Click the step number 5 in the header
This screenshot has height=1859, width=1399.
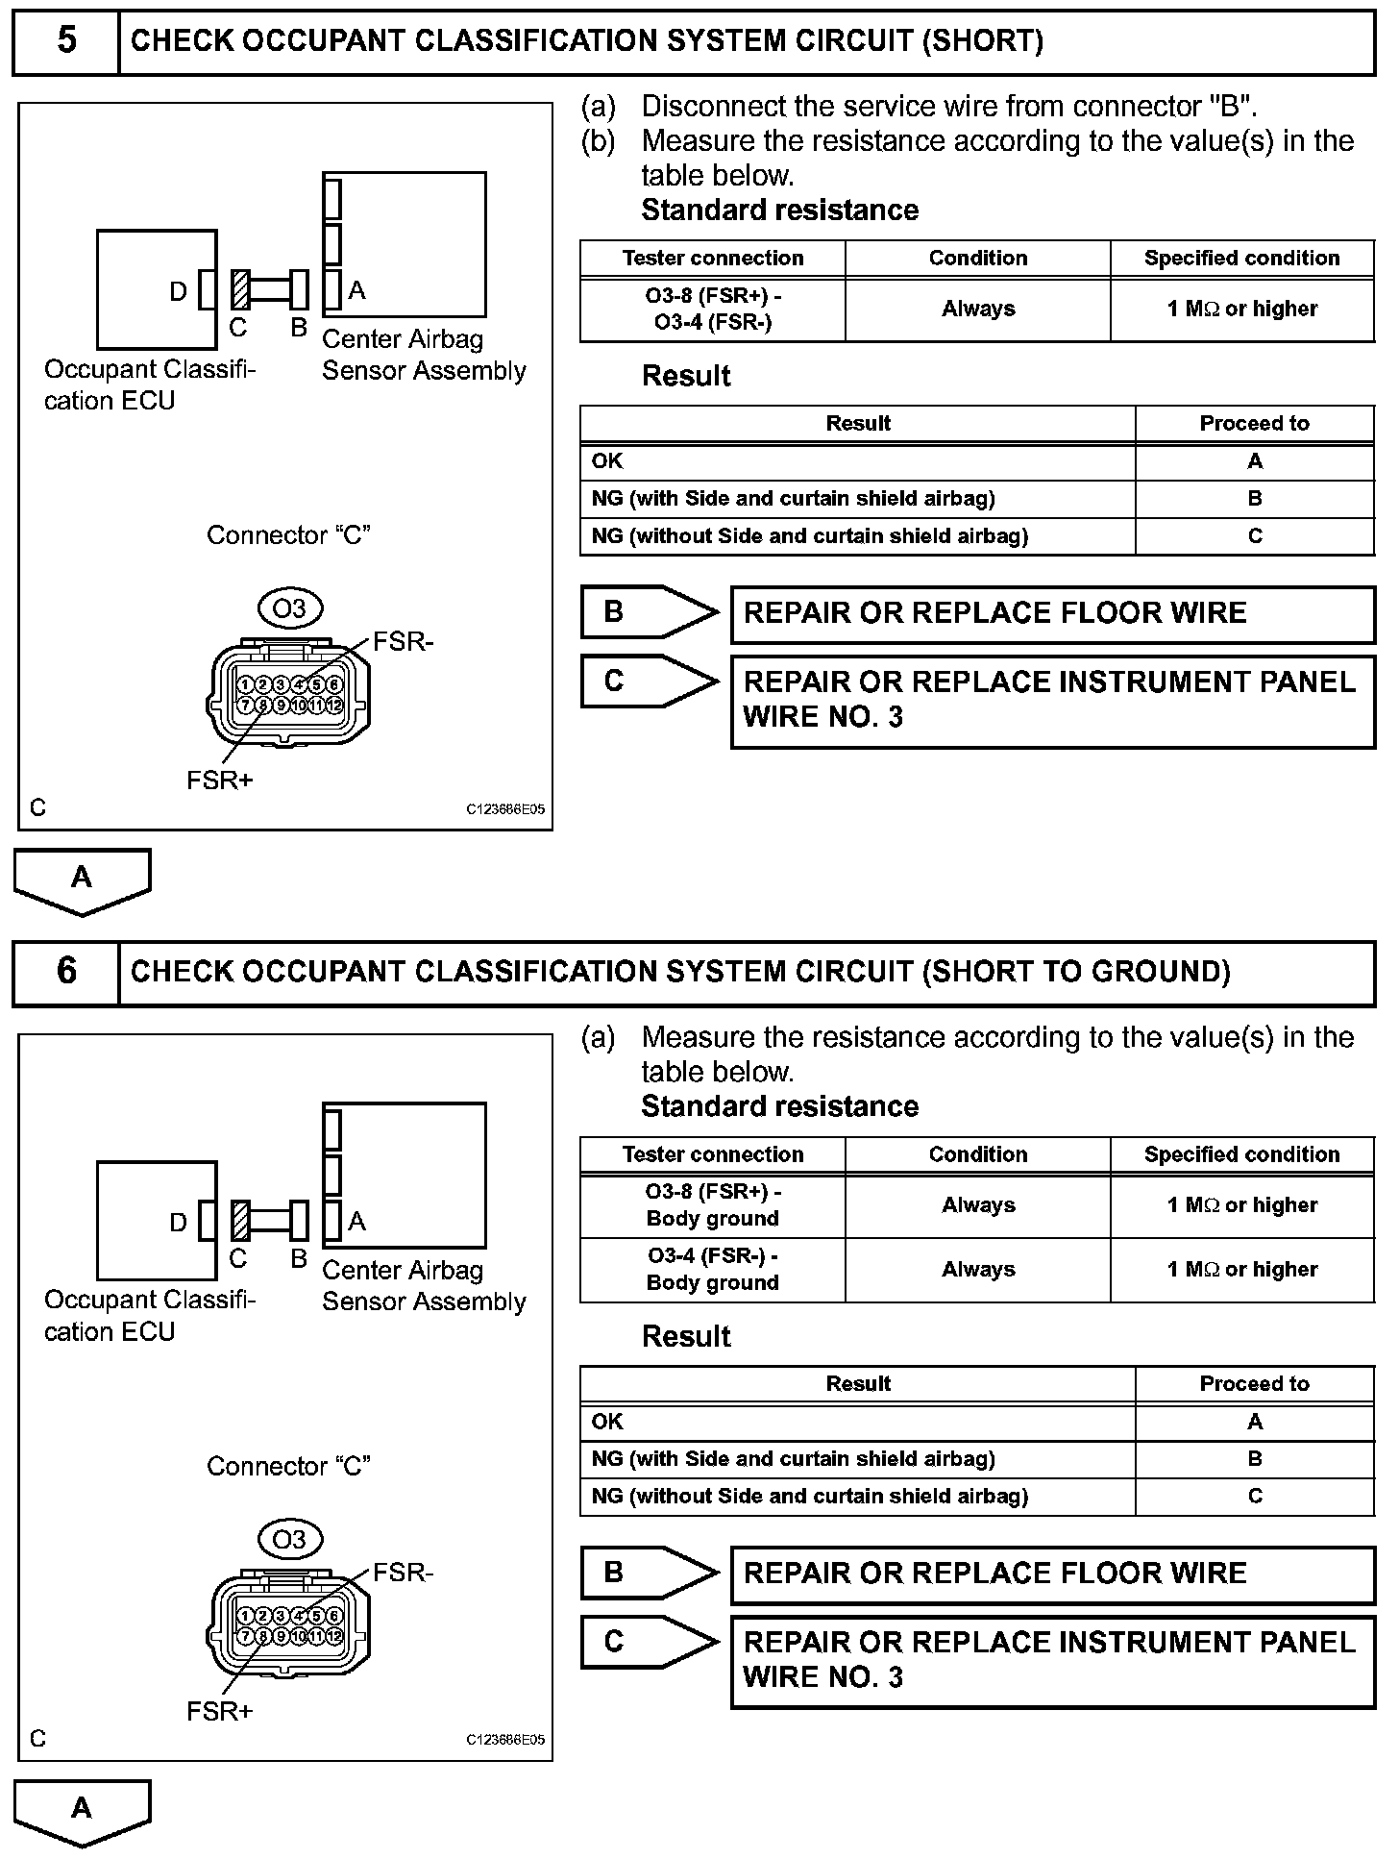(66, 40)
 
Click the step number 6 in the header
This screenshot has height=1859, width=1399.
(66, 971)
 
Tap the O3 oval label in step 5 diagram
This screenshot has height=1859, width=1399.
(289, 607)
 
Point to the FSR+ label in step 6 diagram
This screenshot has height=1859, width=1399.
(219, 1711)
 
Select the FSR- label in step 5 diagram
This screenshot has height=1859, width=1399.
(403, 641)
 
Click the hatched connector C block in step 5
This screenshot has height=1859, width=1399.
(240, 289)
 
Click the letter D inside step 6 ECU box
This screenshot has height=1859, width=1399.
(178, 1222)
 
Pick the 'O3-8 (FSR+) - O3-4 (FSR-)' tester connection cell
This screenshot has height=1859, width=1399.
(713, 310)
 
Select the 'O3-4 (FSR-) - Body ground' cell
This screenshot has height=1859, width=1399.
(713, 1269)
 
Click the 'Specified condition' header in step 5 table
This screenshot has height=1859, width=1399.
(1241, 258)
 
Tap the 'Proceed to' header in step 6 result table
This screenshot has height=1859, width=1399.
(1254, 1383)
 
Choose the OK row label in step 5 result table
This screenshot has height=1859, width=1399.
(607, 460)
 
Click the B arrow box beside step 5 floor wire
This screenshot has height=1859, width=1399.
(649, 612)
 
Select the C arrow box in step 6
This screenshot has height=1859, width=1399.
(649, 1641)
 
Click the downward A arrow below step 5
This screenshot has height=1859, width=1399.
(82, 880)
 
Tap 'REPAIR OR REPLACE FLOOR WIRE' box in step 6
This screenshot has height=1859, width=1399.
(1052, 1574)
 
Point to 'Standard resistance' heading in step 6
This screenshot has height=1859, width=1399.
(779, 1106)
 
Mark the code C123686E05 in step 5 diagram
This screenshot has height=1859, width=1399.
(505, 809)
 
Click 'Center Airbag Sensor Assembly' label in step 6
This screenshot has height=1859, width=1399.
(424, 1285)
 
